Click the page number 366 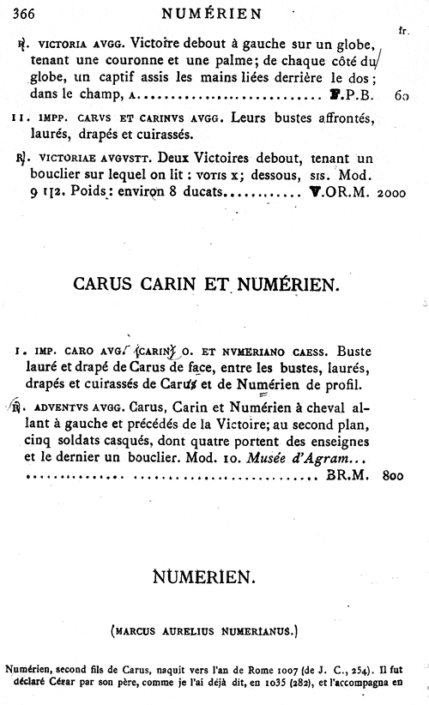point(19,12)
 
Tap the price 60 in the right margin point(402,95)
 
